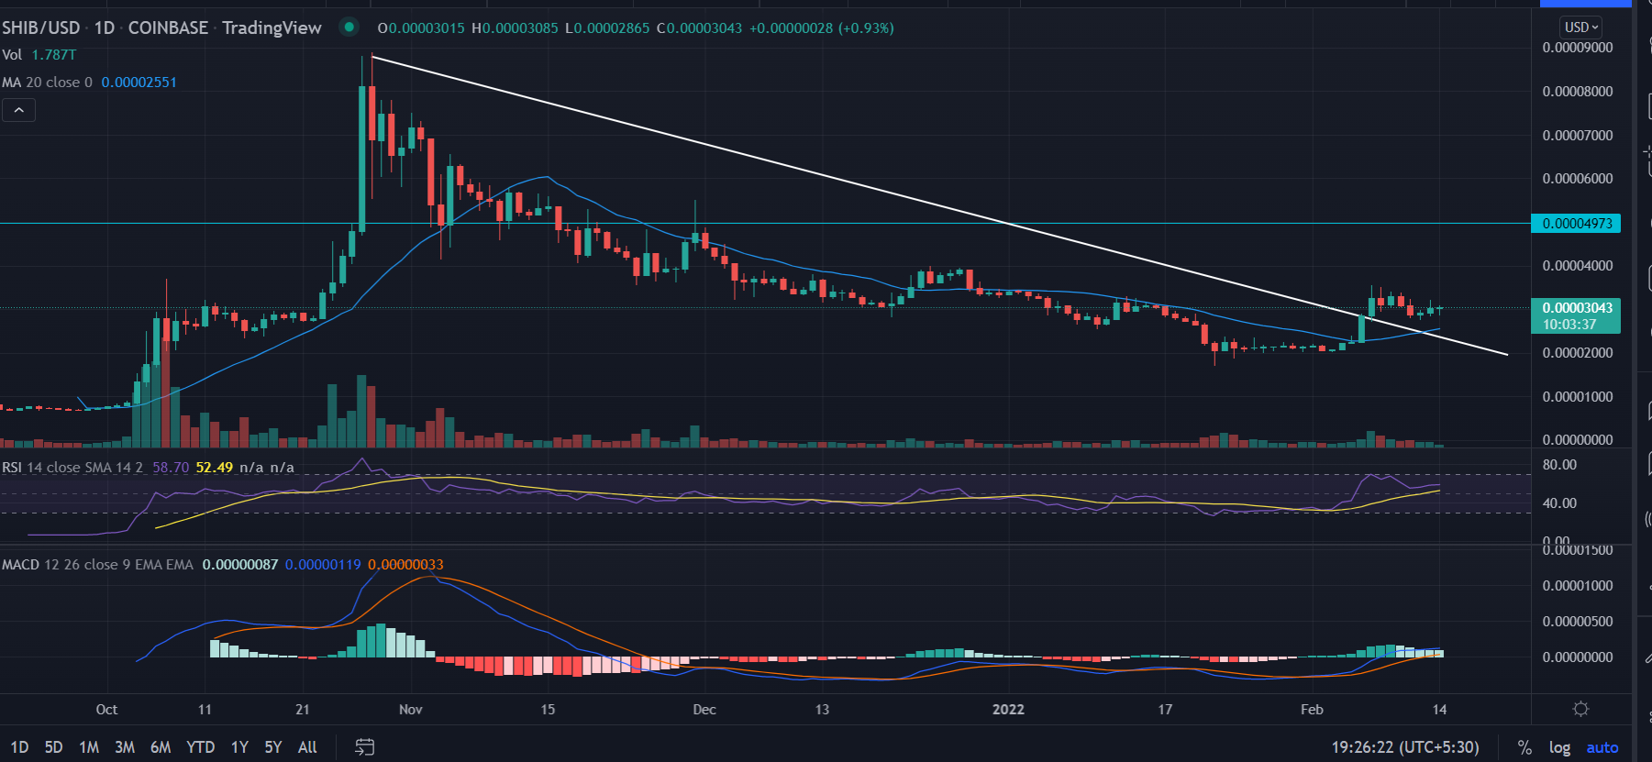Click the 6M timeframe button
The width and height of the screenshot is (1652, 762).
(161, 747)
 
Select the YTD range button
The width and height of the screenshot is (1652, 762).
(200, 747)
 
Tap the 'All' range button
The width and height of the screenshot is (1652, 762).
(307, 747)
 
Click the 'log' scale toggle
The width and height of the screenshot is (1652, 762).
(1559, 747)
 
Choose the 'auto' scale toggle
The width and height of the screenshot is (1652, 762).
(1602, 747)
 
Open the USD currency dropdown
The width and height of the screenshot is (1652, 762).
(1581, 28)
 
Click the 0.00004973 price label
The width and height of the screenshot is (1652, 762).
(1576, 224)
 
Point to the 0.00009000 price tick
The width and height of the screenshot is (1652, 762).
(1577, 48)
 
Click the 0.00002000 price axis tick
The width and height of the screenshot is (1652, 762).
(1577, 353)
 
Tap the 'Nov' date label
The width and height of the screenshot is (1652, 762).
(411, 710)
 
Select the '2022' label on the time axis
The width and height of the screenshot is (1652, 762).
(1008, 710)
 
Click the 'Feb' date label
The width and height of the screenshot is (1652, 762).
(1312, 710)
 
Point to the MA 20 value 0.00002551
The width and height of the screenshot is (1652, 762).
(139, 83)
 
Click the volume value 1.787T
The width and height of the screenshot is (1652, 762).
(54, 55)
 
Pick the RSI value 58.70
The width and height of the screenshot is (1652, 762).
(171, 468)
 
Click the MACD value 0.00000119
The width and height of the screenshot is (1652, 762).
(323, 565)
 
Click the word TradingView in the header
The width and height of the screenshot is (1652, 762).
(272, 28)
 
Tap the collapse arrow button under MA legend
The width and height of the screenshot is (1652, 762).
(18, 111)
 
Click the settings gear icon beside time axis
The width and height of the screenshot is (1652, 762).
(1580, 709)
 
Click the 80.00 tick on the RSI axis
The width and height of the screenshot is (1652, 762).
(1559, 465)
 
